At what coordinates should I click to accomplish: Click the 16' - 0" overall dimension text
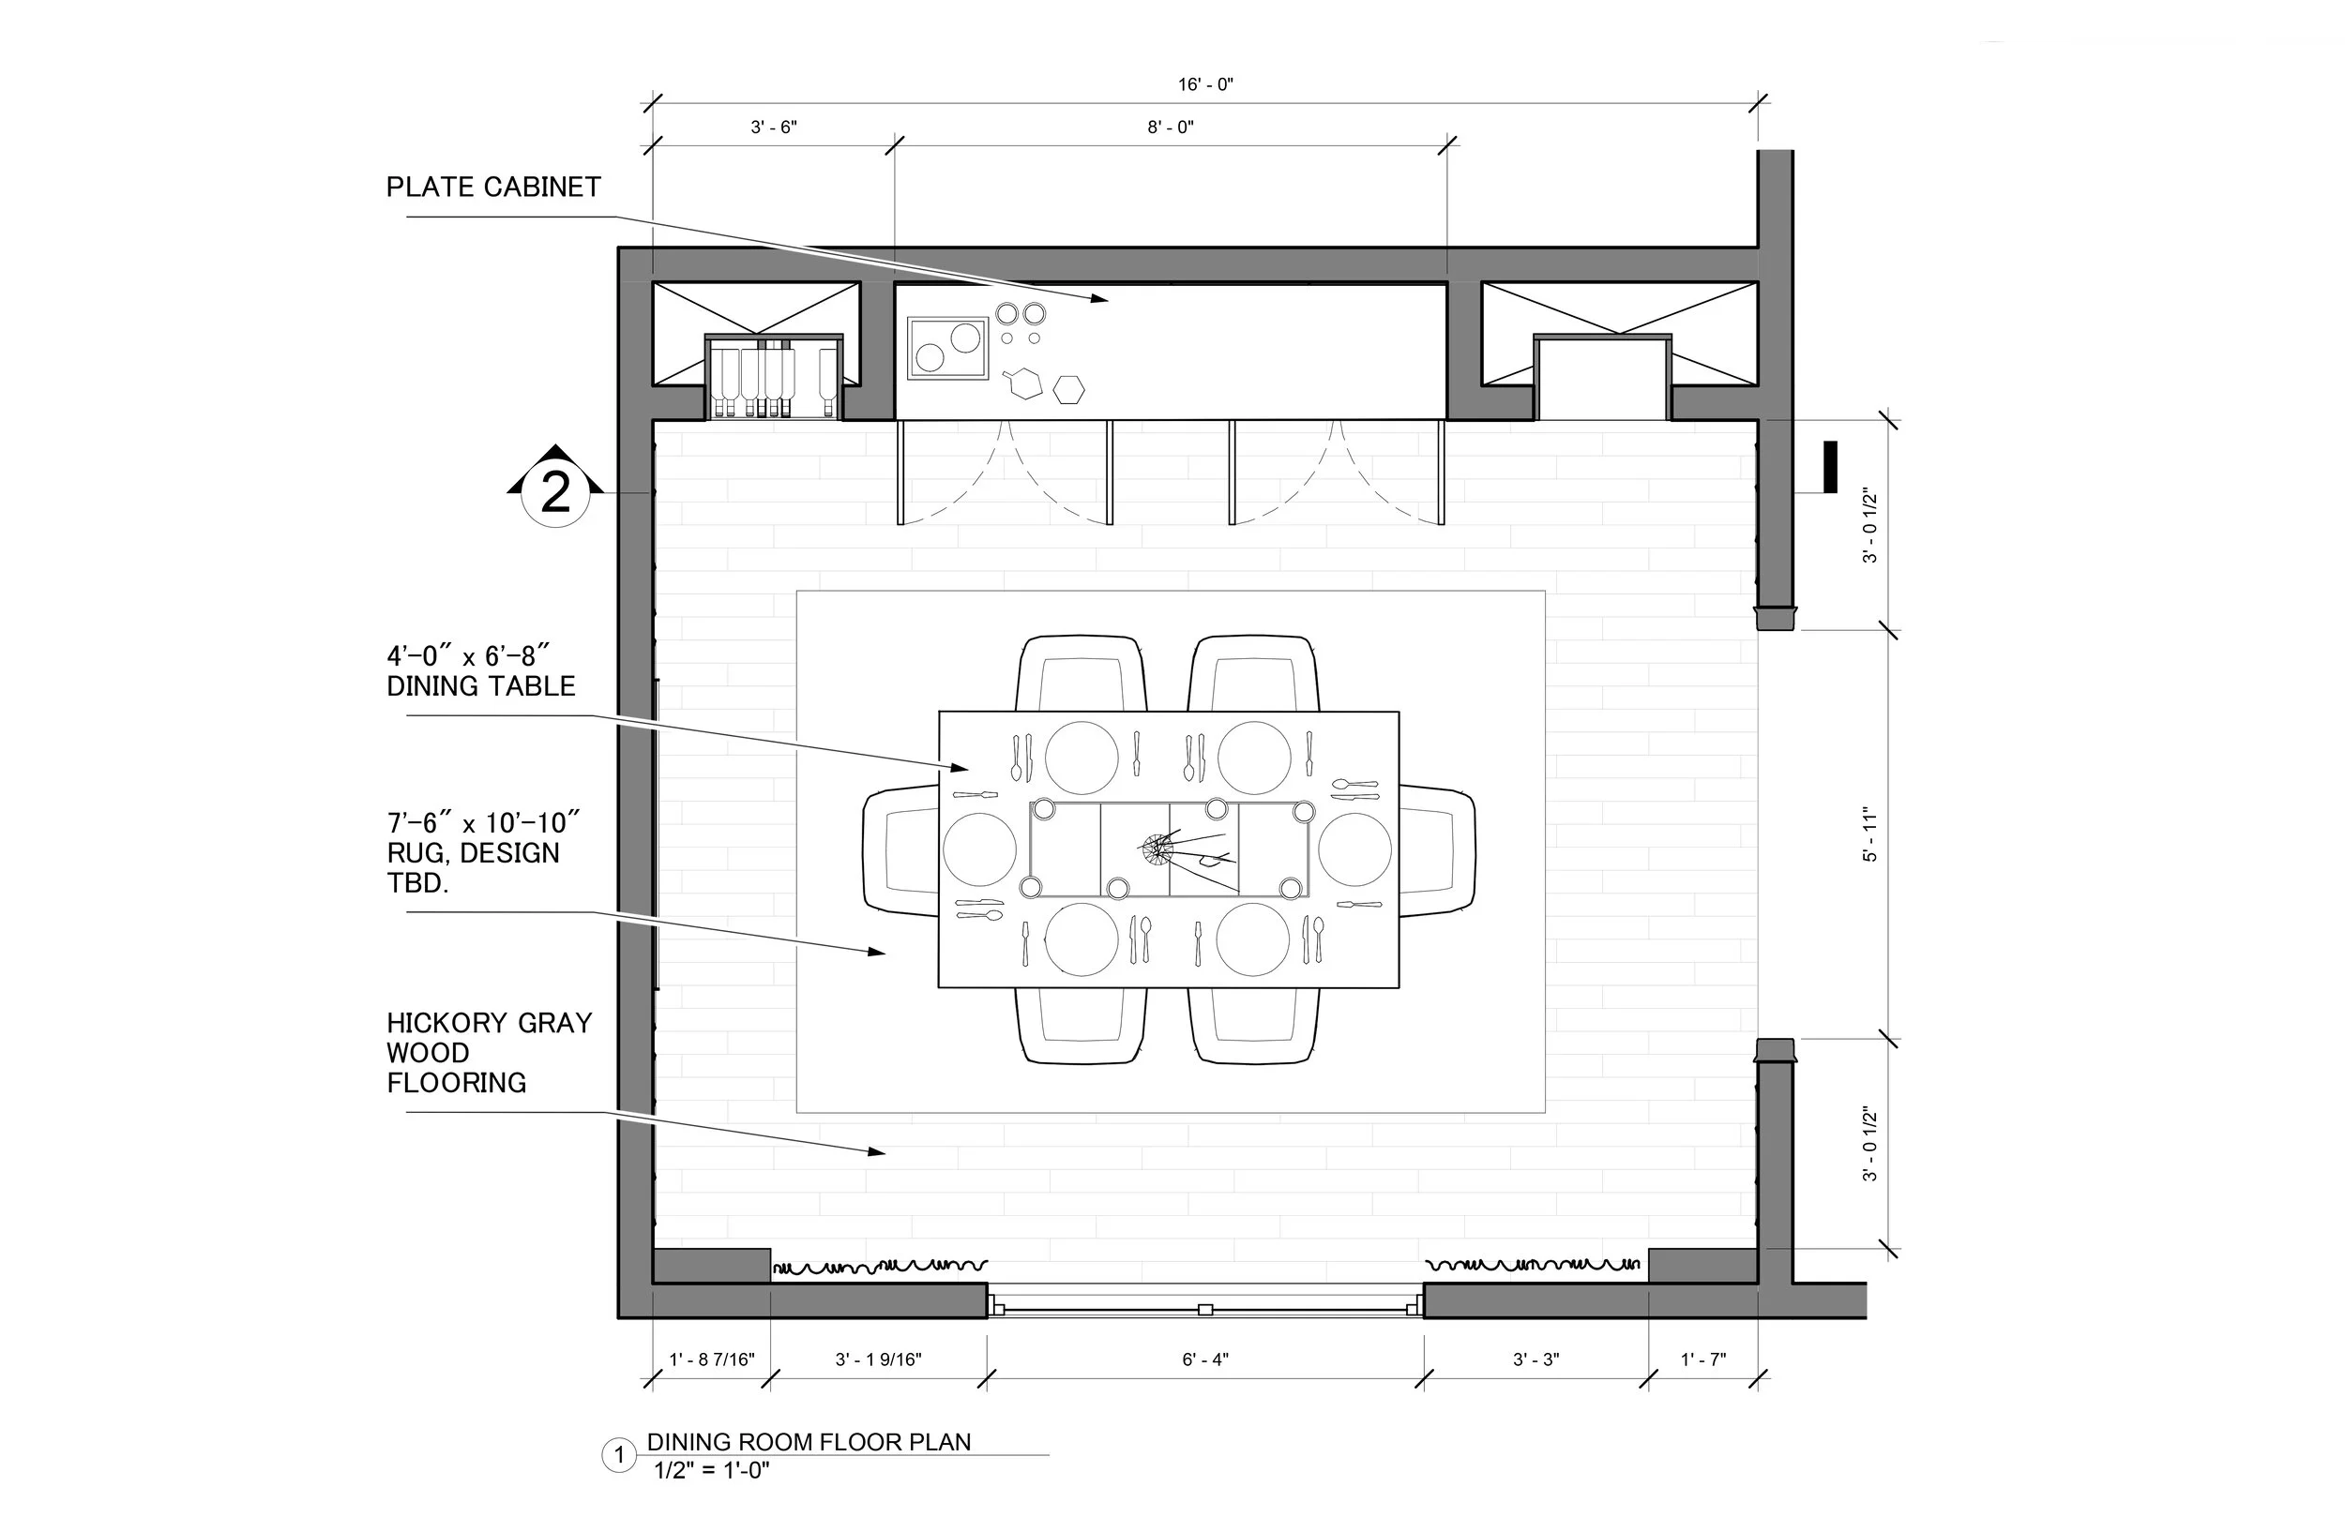[x=1205, y=84]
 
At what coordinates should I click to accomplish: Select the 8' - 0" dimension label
[x=1171, y=128]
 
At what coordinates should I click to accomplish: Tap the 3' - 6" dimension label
[x=774, y=128]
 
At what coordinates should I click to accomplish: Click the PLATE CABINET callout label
[x=492, y=188]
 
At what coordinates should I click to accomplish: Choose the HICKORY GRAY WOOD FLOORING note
[x=489, y=1052]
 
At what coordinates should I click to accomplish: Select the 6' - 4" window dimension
[x=1205, y=1359]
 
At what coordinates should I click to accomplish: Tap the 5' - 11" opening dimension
[x=1870, y=834]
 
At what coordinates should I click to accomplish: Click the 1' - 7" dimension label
[x=1702, y=1359]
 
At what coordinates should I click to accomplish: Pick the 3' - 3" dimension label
[x=1536, y=1359]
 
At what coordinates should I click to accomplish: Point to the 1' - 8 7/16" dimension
[x=711, y=1359]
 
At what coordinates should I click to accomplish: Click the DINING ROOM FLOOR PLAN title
[x=809, y=1442]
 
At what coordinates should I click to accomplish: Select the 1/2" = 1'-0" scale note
[x=711, y=1471]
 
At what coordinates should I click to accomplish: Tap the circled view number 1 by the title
[x=619, y=1455]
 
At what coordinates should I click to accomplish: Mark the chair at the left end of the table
[x=900, y=850]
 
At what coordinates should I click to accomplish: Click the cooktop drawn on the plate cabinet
[x=948, y=348]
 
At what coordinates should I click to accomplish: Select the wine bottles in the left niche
[x=775, y=381]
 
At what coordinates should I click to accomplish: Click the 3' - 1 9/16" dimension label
[x=878, y=1359]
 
